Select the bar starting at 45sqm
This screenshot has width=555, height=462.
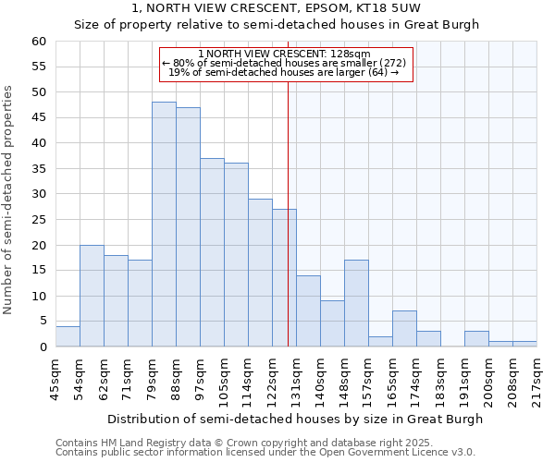click(68, 336)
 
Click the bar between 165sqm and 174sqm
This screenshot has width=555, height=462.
click(404, 329)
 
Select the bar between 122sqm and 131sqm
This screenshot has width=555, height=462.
click(284, 278)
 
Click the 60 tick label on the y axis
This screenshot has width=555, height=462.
click(38, 42)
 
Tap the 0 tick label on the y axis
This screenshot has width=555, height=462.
click(42, 347)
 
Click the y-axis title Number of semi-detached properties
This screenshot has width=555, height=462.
click(9, 199)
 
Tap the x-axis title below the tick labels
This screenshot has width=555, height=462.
click(295, 419)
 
